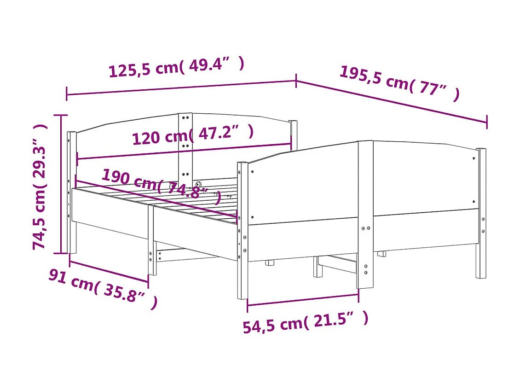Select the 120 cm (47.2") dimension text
point(193,135)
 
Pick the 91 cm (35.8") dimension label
point(103,288)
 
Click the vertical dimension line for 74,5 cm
point(61,184)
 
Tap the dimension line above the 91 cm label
point(109,271)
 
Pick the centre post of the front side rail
point(365,214)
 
